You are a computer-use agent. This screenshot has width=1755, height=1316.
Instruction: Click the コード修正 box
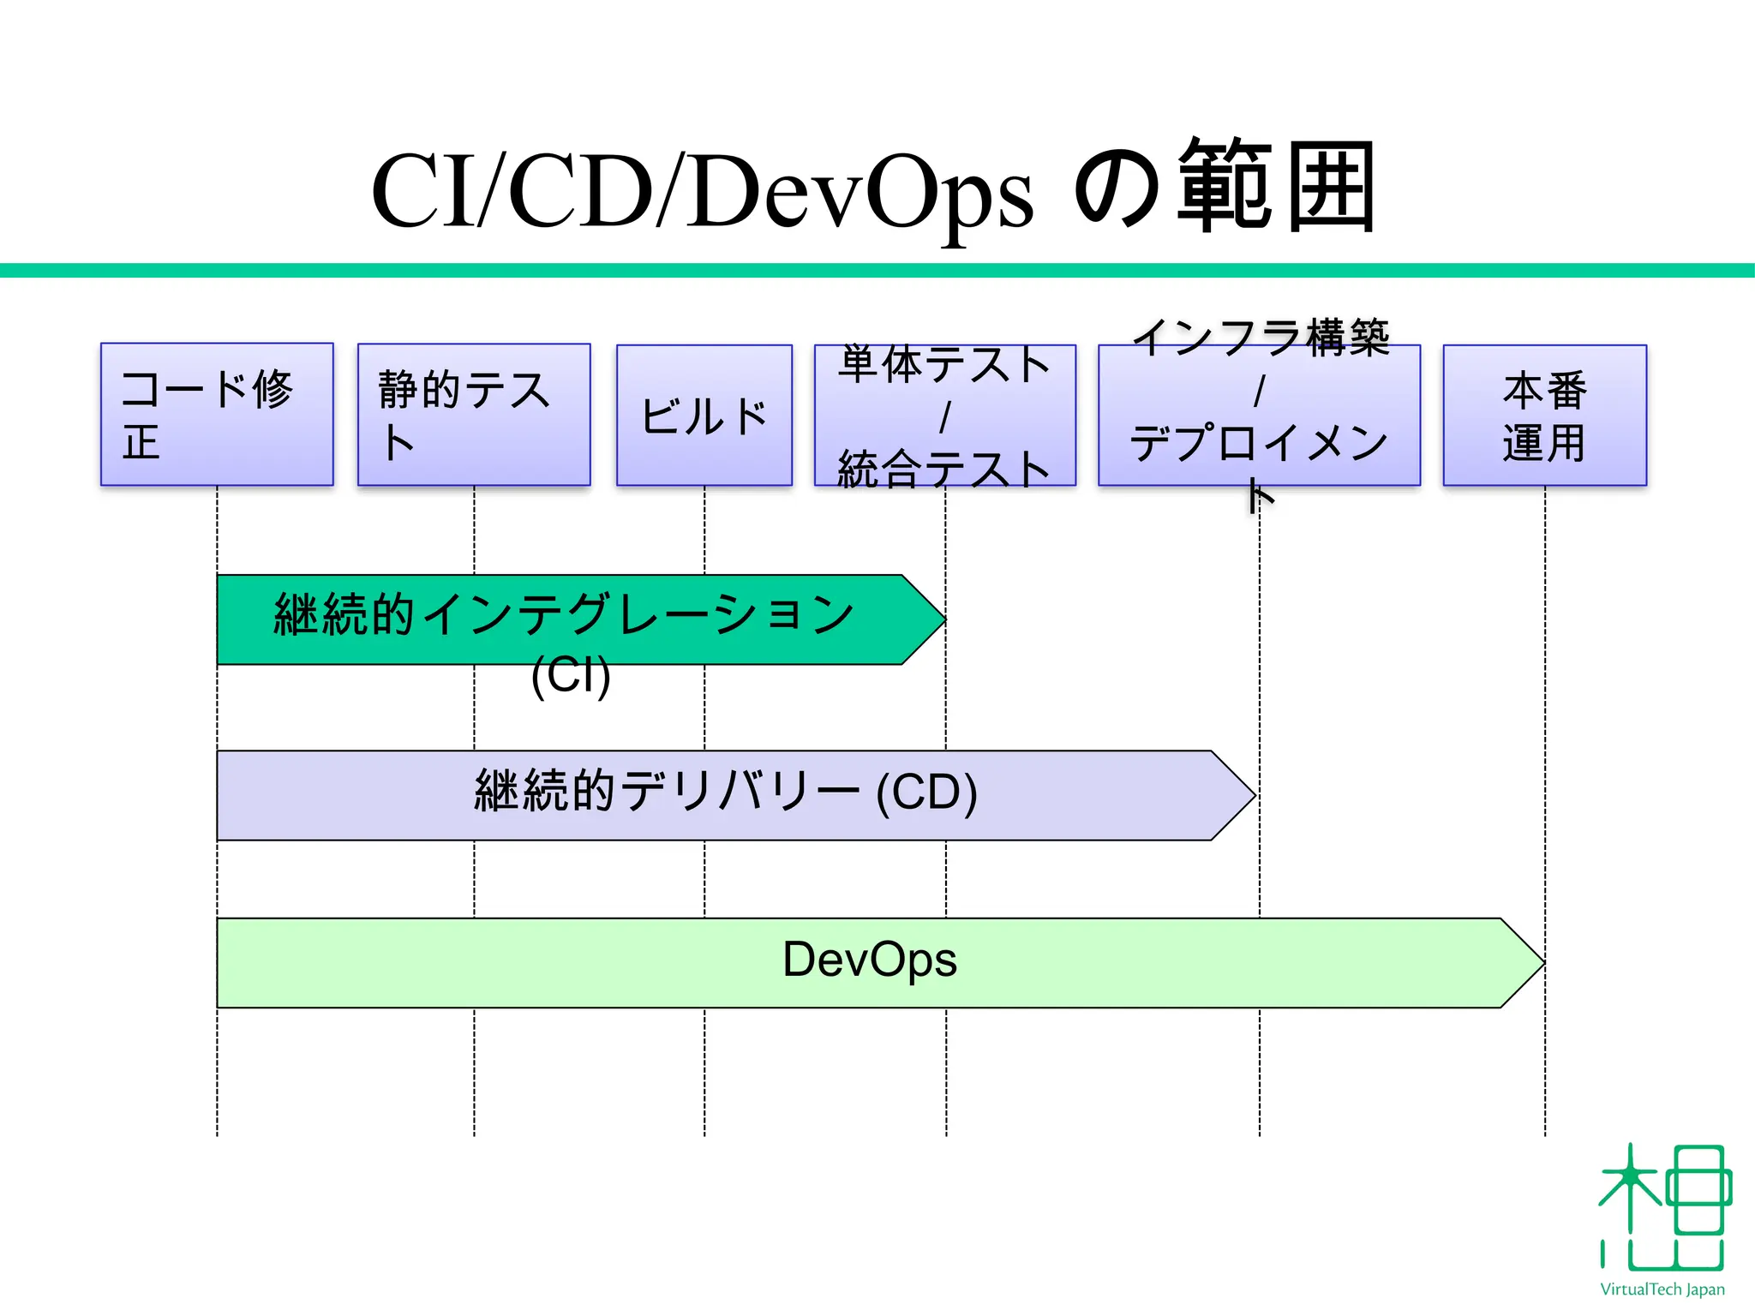216,415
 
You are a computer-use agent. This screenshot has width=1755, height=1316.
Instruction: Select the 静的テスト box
473,415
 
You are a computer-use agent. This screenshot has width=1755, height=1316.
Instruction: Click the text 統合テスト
943,470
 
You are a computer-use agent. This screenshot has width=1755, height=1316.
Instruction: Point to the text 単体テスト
943,365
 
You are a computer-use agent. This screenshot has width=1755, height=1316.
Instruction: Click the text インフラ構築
1260,338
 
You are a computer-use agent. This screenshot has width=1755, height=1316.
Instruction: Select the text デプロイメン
1258,444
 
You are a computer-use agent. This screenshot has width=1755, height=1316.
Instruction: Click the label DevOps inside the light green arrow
869,960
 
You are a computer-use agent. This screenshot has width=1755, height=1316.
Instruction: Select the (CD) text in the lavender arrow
926,793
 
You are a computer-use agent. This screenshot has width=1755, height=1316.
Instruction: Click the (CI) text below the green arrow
571,675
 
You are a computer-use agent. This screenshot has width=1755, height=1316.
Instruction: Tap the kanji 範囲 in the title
1277,187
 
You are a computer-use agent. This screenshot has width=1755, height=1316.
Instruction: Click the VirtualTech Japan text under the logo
1662,1289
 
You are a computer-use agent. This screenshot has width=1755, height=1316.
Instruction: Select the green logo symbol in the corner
1663,1208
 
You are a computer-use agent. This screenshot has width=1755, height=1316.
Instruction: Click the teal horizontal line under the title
877,271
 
